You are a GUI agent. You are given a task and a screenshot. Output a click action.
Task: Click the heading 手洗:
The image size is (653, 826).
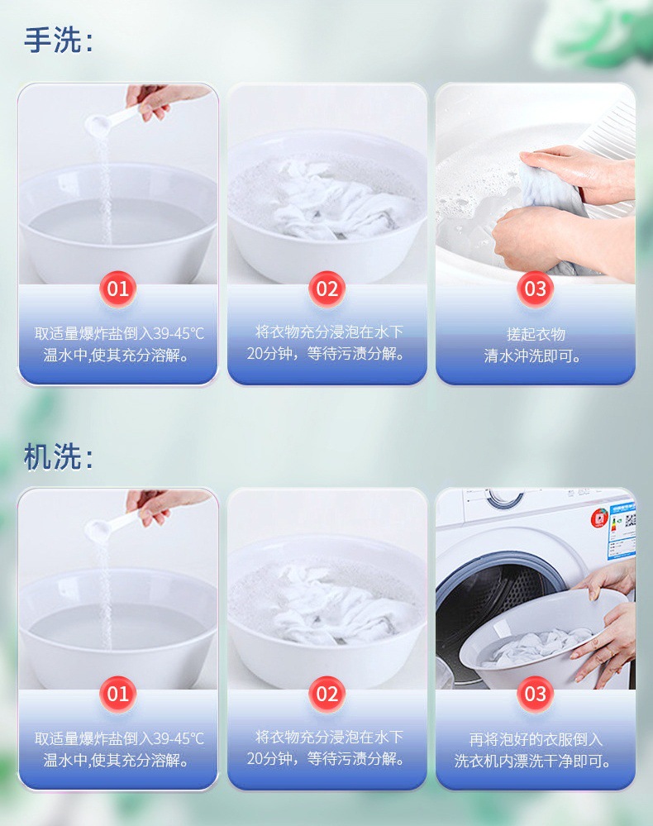pos(58,40)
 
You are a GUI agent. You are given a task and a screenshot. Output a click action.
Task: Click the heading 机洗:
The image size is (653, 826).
pos(58,456)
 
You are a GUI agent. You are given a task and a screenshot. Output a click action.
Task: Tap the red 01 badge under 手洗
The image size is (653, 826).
pos(118,289)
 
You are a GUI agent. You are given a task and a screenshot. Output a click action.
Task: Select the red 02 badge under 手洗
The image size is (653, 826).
pos(326,289)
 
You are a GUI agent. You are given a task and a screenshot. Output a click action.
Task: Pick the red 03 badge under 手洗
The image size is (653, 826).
pos(535,289)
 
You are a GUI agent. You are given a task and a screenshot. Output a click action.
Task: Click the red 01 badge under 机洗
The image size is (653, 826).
pos(118,694)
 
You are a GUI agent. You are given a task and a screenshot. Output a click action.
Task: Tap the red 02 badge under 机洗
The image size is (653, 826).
pos(326,694)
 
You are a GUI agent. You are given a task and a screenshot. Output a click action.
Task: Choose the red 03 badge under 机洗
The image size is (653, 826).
pos(535,694)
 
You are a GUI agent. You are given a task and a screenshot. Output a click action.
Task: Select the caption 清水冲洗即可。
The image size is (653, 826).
pos(532,356)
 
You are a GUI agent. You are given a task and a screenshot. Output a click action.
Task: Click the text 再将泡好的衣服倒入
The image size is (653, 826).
pos(536,740)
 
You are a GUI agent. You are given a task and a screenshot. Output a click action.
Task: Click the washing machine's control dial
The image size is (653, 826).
pos(505,498)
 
